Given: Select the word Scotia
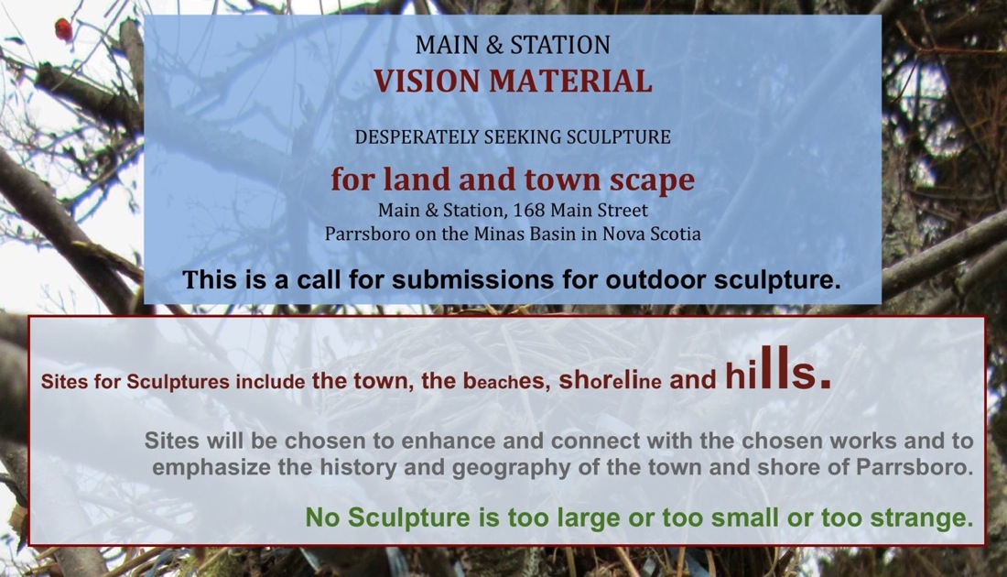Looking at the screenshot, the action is pos(676,234).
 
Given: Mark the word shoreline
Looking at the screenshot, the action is pos(610,380).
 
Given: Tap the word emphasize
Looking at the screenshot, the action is pos(211,467).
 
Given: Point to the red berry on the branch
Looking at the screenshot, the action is pos(63,29).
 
